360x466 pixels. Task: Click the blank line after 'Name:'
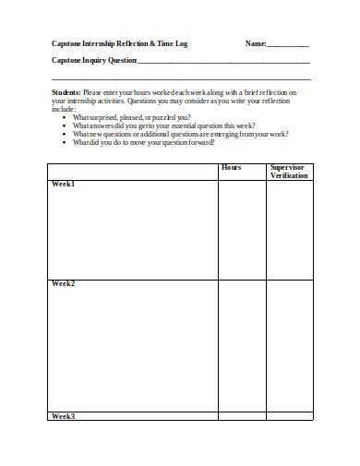point(288,45)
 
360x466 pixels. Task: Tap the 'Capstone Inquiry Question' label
point(93,61)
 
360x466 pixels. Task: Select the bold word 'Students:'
point(66,93)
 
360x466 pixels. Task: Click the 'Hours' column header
point(231,168)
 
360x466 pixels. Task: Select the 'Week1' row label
point(64,185)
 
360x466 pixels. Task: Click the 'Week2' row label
point(64,283)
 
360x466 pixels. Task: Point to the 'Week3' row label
point(64,416)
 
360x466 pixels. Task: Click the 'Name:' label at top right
point(256,43)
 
